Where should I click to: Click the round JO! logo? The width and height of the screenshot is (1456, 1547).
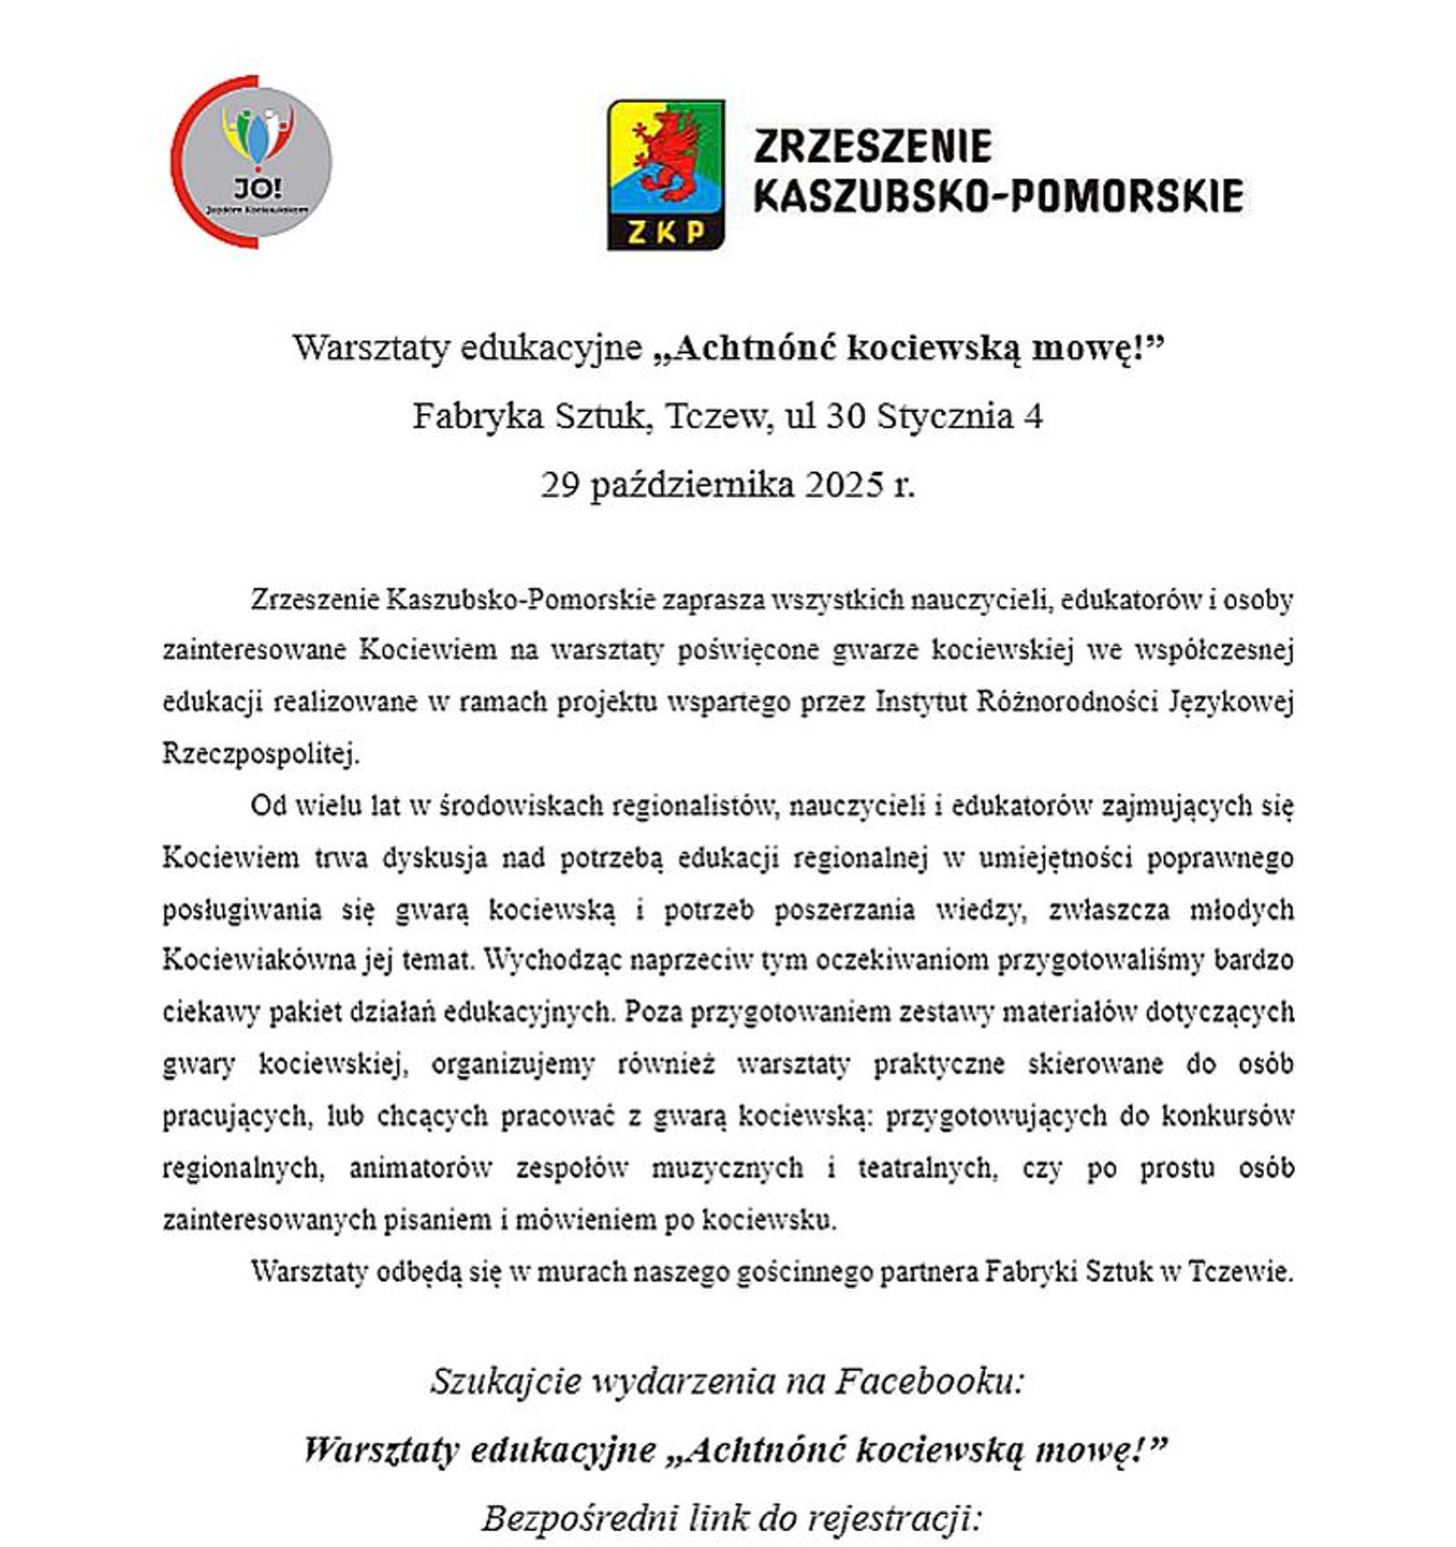coord(252,162)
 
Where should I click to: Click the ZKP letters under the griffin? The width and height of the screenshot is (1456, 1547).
coord(665,231)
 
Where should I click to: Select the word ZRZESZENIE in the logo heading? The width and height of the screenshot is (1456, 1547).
coord(873,147)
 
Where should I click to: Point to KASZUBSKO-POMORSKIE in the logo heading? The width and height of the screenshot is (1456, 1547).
coord(998,196)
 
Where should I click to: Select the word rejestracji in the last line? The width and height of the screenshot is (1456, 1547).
coord(893,1518)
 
